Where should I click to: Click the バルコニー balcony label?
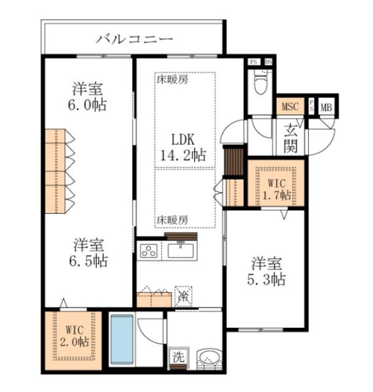[x=135, y=40]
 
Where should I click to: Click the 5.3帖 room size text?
[x=268, y=279]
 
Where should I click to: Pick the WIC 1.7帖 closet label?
[x=275, y=189]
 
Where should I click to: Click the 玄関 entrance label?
[x=292, y=138]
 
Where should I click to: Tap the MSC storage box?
[x=290, y=106]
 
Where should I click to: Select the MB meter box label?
[x=327, y=106]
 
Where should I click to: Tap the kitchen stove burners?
[x=149, y=251]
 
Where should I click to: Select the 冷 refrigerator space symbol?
[x=183, y=296]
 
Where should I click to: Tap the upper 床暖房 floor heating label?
[x=171, y=79]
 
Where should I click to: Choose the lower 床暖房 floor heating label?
[x=171, y=219]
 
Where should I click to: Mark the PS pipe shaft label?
[x=254, y=62]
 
